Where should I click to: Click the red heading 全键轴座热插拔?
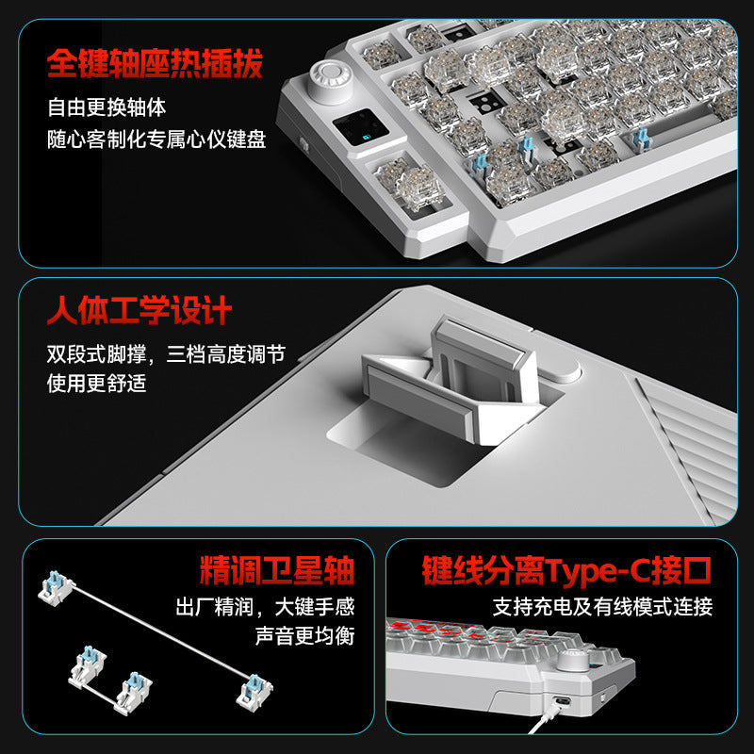[155, 63]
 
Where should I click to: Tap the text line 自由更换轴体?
[107, 107]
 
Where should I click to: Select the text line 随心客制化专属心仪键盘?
[156, 139]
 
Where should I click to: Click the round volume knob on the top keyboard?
[330, 79]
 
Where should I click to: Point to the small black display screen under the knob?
[361, 127]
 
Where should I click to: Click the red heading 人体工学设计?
[139, 310]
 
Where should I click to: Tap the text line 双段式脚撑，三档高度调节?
[166, 354]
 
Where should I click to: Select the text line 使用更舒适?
[97, 384]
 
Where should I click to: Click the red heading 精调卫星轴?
[277, 571]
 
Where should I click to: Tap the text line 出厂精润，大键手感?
[266, 607]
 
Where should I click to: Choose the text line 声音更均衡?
[304, 635]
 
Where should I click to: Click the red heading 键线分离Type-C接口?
[566, 571]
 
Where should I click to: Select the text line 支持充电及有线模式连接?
[602, 607]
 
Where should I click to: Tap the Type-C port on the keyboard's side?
[561, 700]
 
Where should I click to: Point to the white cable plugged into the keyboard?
[546, 719]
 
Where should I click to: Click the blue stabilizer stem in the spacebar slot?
[640, 138]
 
